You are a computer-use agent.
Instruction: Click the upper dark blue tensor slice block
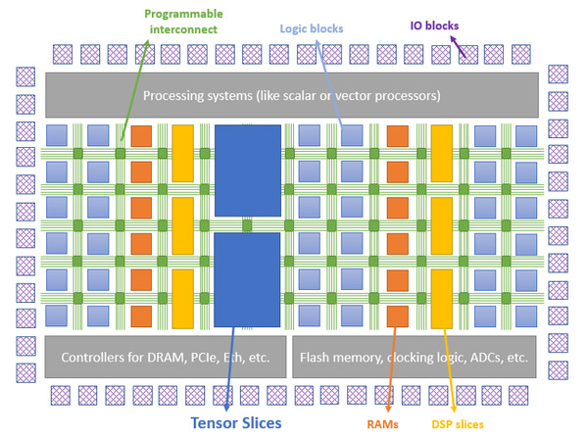(247, 172)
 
